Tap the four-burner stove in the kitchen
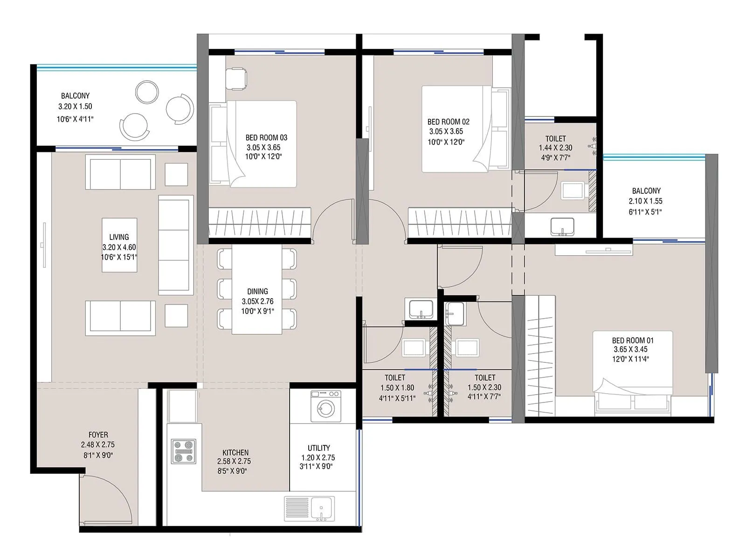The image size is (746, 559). coord(183,451)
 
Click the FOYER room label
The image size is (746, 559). coord(98,435)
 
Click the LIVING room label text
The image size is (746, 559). coord(119,237)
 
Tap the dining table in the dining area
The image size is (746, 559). coord(257,289)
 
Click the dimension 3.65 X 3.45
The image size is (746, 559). coord(629,349)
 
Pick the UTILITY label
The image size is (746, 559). coord(319,448)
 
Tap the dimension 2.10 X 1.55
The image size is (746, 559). coord(645,201)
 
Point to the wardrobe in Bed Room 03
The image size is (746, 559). coord(259,223)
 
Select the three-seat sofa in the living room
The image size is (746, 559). coord(176,245)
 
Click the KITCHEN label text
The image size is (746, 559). coord(235,452)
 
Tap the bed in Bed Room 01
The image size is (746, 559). coord(633,373)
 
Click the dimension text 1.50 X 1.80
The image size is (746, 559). coord(397,388)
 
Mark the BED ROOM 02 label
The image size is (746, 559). coord(448,122)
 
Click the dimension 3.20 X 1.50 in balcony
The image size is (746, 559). coord(75,106)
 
